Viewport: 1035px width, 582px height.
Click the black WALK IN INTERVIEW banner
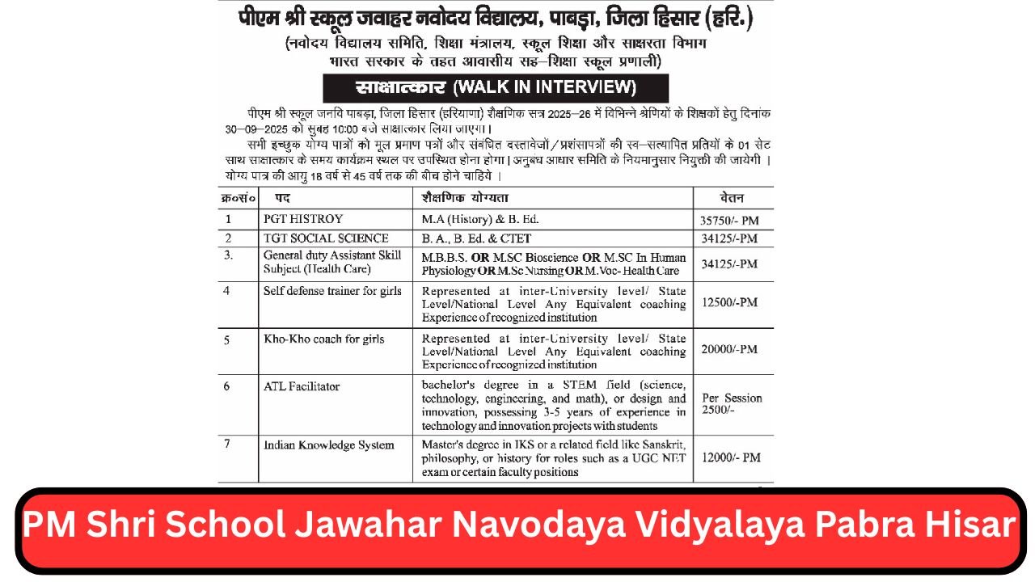[496, 87]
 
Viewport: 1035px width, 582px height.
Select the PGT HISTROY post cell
[303, 219]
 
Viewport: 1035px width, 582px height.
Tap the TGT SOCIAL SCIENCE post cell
[326, 238]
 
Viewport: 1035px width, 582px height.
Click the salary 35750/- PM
[730, 220]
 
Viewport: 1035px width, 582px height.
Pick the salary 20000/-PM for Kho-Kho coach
[729, 349]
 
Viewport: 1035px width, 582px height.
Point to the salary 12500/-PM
[729, 302]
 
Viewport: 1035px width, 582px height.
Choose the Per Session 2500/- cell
[732, 404]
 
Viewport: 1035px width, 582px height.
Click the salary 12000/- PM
[731, 458]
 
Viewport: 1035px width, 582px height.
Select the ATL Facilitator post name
[302, 386]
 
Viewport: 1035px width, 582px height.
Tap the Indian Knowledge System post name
[329, 445]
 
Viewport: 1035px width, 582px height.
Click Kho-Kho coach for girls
[324, 339]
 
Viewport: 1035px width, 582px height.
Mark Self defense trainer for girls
[332, 291]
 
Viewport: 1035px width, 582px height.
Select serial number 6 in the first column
[227, 386]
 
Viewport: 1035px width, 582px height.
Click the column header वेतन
[732, 198]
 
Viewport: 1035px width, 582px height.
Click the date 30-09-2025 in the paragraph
[251, 129]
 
